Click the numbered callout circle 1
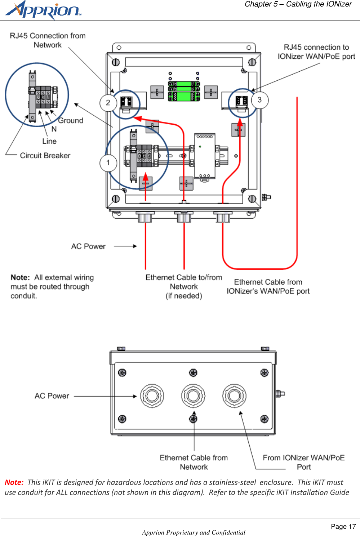click(x=108, y=163)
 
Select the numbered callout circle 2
click(x=108, y=103)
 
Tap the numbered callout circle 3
click(x=259, y=100)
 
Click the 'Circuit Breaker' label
click(x=45, y=156)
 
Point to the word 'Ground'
click(x=71, y=121)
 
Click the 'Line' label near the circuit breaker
click(x=49, y=141)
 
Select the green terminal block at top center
click(x=184, y=91)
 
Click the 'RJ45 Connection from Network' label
click(x=48, y=40)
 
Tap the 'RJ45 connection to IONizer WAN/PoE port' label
click(x=316, y=52)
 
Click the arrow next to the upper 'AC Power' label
click(x=125, y=246)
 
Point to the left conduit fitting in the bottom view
click(x=152, y=396)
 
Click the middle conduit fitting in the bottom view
click(x=193, y=396)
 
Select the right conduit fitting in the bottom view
click(x=234, y=396)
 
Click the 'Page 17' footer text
click(x=343, y=527)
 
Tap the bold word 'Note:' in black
click(x=20, y=277)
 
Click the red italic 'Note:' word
click(x=14, y=482)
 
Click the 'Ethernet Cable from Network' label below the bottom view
click(x=194, y=462)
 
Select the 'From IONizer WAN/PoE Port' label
click(x=303, y=462)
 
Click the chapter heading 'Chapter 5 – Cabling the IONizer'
click(x=298, y=4)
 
